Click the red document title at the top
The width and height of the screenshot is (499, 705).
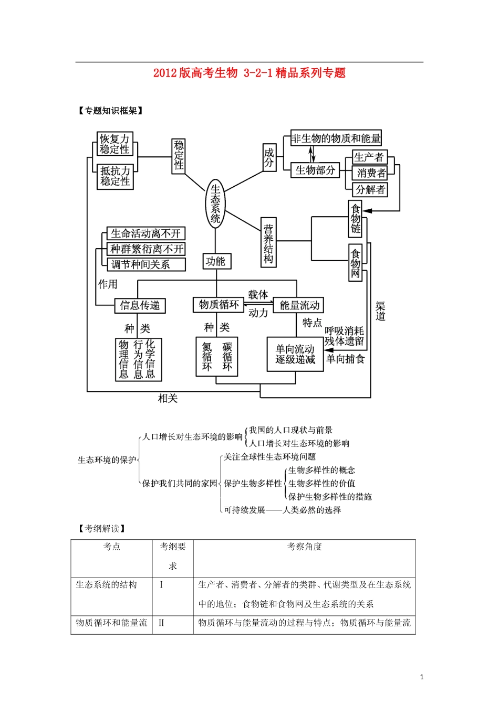(249, 73)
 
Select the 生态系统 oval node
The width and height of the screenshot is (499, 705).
(215, 203)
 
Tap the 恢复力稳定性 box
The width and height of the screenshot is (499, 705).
(115, 144)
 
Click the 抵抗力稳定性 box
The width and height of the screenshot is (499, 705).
(115, 176)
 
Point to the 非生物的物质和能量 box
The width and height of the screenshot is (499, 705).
(336, 138)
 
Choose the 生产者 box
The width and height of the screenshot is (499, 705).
(369, 157)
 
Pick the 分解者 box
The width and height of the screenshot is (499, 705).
(370, 189)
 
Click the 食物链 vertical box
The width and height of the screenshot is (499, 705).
(356, 218)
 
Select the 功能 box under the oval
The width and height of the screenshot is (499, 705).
(216, 261)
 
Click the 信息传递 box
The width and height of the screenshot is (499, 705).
(140, 305)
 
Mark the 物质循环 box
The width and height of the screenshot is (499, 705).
(219, 305)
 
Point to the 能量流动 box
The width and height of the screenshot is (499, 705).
(299, 305)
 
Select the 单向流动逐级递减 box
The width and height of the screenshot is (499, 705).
(295, 355)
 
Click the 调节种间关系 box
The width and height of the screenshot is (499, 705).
(147, 265)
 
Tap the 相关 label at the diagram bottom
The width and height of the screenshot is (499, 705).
(168, 399)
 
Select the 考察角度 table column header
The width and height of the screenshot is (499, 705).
(305, 547)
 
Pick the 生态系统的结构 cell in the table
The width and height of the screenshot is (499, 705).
(107, 585)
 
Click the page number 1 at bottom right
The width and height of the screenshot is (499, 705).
(422, 677)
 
